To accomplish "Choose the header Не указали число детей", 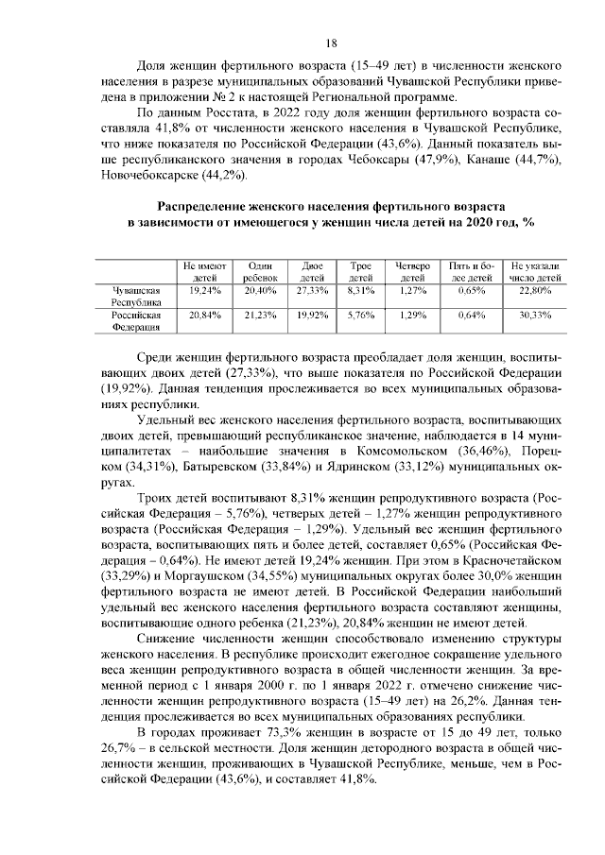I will pos(535,272).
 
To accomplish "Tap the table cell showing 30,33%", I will pos(535,314).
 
